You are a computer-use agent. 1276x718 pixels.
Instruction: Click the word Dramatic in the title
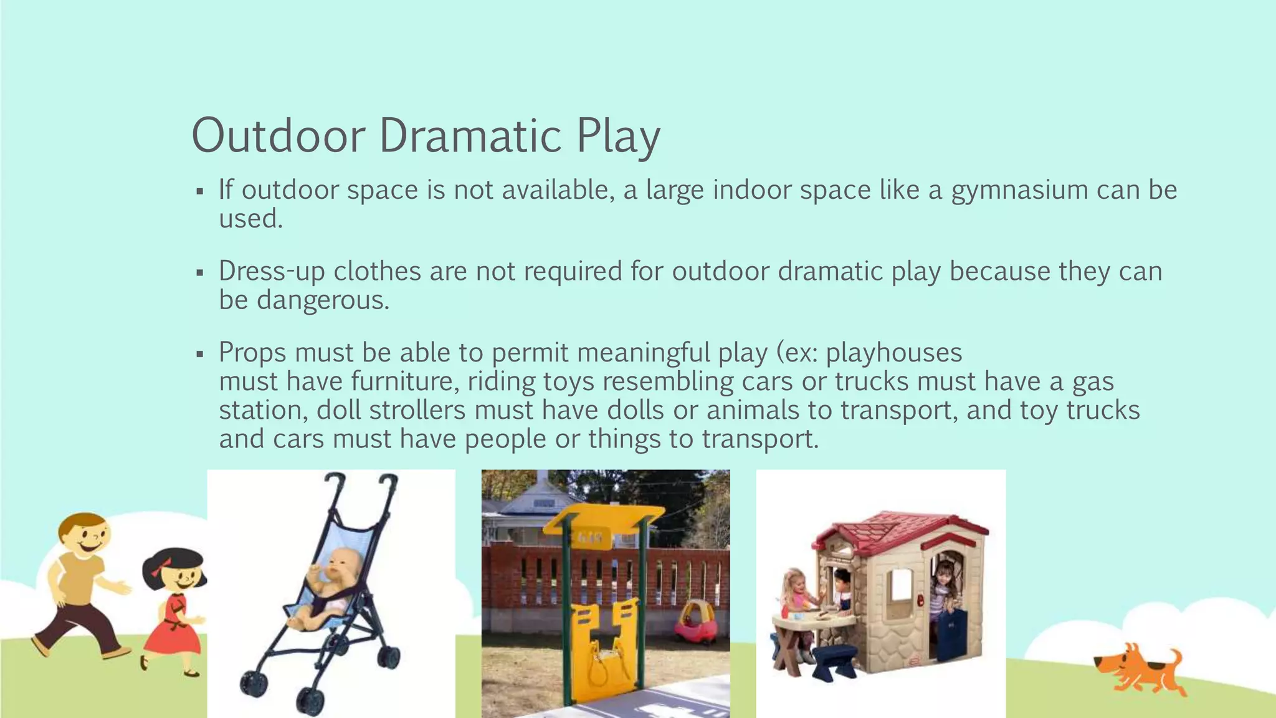tap(471, 135)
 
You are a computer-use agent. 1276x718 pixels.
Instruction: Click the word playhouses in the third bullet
tap(894, 353)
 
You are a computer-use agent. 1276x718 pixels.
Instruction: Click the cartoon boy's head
tap(85, 536)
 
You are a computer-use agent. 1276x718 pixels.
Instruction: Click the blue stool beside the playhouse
tap(835, 658)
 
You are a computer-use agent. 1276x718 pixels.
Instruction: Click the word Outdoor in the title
tap(278, 135)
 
